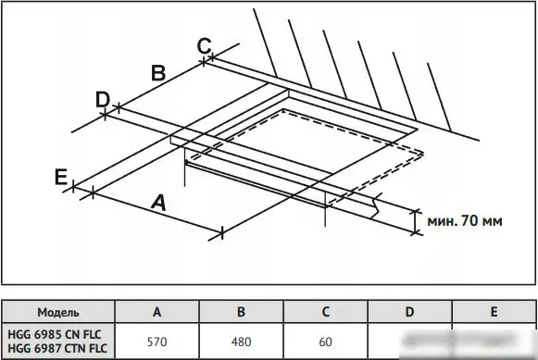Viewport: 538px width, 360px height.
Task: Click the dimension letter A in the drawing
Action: click(x=159, y=203)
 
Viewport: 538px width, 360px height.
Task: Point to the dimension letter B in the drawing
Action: click(x=158, y=73)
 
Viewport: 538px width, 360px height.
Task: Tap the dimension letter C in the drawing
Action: click(x=204, y=45)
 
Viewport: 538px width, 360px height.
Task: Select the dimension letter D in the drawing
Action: click(x=103, y=99)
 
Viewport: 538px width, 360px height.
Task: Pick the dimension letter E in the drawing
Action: click(x=61, y=178)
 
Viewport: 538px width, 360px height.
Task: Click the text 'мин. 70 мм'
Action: click(x=465, y=221)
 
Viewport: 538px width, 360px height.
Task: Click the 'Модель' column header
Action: click(x=58, y=313)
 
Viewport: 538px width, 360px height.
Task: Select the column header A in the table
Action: click(x=156, y=312)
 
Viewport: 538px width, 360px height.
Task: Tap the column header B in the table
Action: click(x=241, y=312)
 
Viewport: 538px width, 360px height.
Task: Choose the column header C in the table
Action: click(x=325, y=312)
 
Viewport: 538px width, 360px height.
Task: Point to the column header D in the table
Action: click(x=409, y=312)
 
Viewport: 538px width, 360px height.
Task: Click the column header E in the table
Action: click(x=494, y=312)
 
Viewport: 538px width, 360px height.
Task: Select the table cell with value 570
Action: click(x=156, y=341)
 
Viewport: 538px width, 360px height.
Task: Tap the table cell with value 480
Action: click(x=241, y=341)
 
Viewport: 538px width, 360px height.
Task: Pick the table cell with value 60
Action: click(x=325, y=341)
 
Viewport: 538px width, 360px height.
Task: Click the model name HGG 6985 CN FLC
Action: click(x=55, y=334)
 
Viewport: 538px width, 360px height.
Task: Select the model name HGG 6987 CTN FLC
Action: click(x=57, y=349)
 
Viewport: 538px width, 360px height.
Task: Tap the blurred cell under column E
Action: click(x=494, y=341)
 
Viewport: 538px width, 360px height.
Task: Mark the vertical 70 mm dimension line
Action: click(x=416, y=221)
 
